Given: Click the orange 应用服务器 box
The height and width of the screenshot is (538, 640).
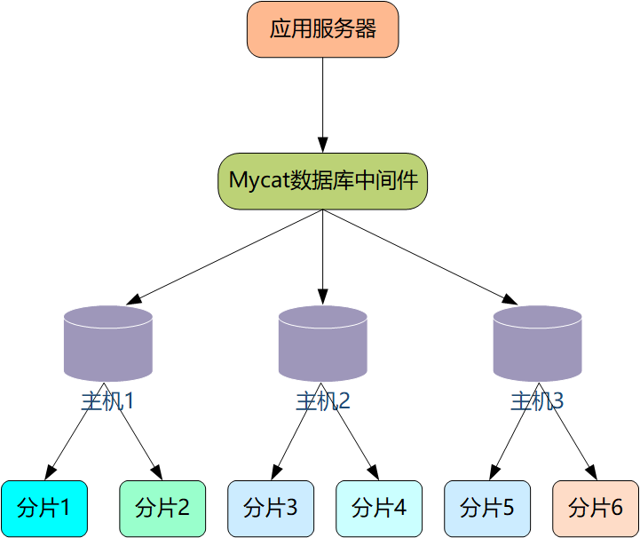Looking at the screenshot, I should click(322, 29).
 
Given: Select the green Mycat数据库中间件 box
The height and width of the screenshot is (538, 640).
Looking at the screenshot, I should click(322, 181).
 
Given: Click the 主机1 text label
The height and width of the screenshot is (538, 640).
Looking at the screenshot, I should click(108, 400).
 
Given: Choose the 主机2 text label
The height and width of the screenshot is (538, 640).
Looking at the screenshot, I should click(323, 400).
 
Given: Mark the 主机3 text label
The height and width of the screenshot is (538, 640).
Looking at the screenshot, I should click(537, 400).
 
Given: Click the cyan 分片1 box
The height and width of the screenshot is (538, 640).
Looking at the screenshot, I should click(44, 508).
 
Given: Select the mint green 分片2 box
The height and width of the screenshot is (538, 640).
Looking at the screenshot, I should click(162, 508).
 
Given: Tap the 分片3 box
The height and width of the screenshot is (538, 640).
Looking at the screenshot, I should click(271, 508).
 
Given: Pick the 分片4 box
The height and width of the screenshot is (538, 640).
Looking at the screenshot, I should click(379, 508).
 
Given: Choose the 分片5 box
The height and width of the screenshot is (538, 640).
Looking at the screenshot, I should click(487, 508).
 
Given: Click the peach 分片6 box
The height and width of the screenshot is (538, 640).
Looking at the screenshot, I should click(595, 508).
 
